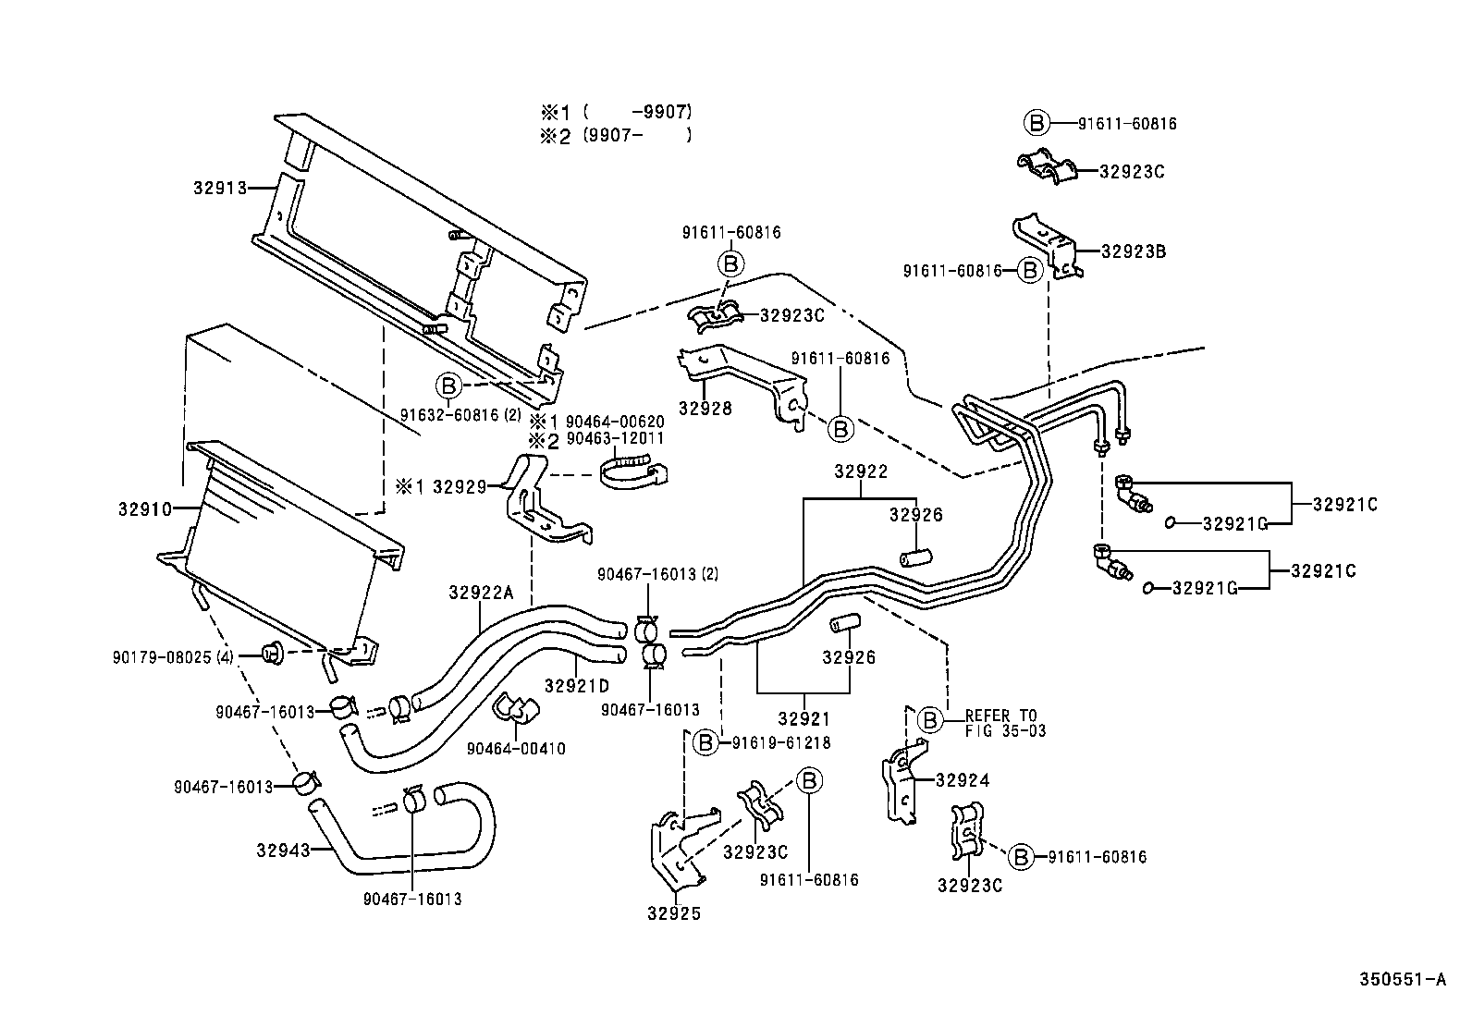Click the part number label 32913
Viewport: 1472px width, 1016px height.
pyautogui.click(x=220, y=188)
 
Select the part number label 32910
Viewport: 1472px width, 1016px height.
pyautogui.click(x=145, y=508)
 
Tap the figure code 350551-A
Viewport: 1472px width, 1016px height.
pyautogui.click(x=1401, y=980)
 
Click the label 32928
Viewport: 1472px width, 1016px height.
pyautogui.click(x=705, y=409)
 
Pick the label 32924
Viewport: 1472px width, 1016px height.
pyautogui.click(x=962, y=780)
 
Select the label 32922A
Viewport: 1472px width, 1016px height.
pyautogui.click(x=480, y=592)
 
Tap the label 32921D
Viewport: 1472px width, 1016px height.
pyautogui.click(x=577, y=686)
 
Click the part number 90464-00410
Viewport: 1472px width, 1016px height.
pyautogui.click(x=516, y=749)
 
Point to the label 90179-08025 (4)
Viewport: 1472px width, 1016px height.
pyautogui.click(x=173, y=657)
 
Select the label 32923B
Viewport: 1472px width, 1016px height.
pyautogui.click(x=1132, y=251)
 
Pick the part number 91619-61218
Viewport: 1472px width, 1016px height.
pyautogui.click(x=780, y=742)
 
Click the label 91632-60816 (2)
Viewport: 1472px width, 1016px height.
pyautogui.click(x=460, y=415)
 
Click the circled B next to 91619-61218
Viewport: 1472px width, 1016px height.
pyautogui.click(x=706, y=742)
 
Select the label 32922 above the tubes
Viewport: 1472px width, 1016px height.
pyautogui.click(x=860, y=471)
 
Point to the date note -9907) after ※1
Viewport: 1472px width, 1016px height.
pyautogui.click(x=660, y=112)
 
